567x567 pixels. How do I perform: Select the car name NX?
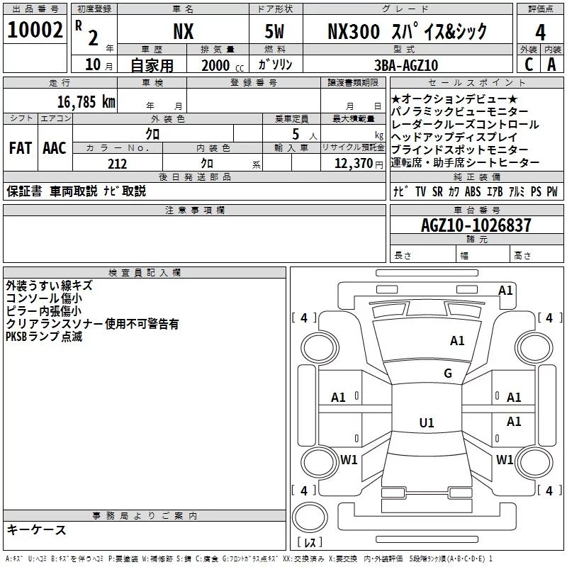(183, 31)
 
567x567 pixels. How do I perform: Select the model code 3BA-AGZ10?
(405, 65)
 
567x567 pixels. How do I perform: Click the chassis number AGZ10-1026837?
(476, 225)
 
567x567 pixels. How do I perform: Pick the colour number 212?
(117, 164)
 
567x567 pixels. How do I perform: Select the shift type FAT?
(20, 148)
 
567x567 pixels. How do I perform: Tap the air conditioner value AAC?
(55, 148)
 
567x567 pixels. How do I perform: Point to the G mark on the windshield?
(447, 374)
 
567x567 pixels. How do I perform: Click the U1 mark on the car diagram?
(426, 423)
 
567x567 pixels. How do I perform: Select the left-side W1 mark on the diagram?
(349, 460)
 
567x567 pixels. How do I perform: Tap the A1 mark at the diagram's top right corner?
(505, 290)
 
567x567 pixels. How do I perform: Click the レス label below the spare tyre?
(310, 544)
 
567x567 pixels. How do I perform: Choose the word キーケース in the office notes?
(36, 529)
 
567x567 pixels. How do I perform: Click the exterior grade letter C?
(528, 64)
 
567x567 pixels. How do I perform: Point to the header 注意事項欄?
(195, 210)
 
